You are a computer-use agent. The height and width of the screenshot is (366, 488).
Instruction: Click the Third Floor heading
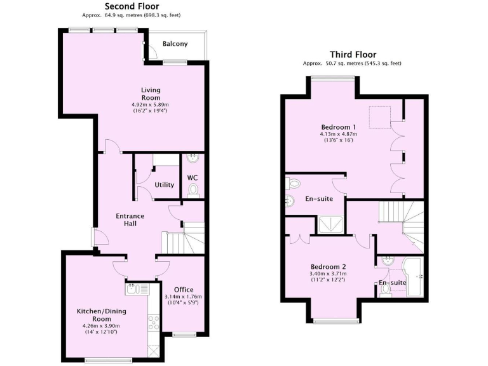coord(353,55)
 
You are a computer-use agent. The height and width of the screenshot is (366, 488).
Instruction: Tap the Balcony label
coord(175,44)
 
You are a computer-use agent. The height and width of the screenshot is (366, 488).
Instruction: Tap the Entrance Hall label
coord(130,220)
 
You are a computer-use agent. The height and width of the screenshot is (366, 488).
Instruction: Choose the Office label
coord(184,290)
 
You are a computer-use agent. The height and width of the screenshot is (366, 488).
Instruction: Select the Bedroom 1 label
coord(339,127)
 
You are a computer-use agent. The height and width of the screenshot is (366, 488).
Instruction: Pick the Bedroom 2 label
coord(329,267)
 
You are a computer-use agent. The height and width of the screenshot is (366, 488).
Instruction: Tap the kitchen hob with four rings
coord(153,323)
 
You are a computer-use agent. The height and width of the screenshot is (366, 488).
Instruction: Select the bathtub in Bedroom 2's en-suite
coord(413,277)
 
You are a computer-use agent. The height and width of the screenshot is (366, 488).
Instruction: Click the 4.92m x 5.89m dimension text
coord(151,104)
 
